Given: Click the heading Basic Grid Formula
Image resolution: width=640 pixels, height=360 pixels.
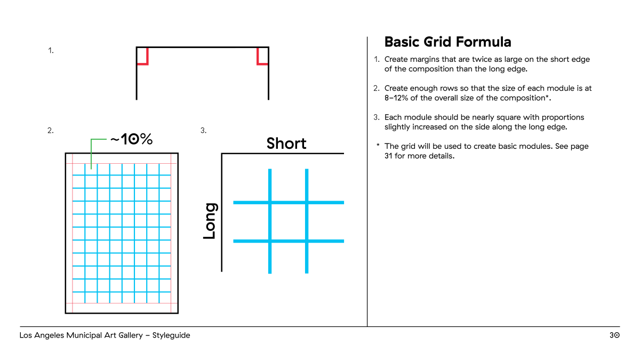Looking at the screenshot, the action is click(447, 42).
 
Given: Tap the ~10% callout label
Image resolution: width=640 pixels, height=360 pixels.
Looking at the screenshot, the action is click(131, 139).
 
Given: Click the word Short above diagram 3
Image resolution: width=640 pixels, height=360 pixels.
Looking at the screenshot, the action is click(286, 143).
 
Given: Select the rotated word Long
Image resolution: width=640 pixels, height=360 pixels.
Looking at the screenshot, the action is click(210, 221).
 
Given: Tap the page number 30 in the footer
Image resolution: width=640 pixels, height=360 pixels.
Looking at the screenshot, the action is click(614, 335).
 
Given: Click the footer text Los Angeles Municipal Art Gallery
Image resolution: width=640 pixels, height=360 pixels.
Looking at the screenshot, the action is click(81, 335).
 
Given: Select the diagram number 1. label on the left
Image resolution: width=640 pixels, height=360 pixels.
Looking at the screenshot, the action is click(51, 51).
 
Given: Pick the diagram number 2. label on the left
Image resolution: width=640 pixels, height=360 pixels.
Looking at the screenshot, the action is click(51, 131).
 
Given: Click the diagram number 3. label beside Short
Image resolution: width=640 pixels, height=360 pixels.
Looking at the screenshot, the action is click(203, 131).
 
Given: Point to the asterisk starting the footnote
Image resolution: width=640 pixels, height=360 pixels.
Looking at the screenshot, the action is click(378, 145).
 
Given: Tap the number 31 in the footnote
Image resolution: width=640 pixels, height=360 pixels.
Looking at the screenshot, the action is click(388, 156).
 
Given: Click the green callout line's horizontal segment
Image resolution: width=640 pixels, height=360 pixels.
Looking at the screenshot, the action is click(99, 139).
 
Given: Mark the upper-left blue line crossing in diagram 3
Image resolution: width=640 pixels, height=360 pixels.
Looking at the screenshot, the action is click(270, 203).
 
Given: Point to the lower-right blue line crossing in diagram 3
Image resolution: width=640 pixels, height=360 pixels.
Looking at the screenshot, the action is click(307, 241).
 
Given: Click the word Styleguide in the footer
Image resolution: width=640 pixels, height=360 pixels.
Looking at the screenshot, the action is click(171, 335).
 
